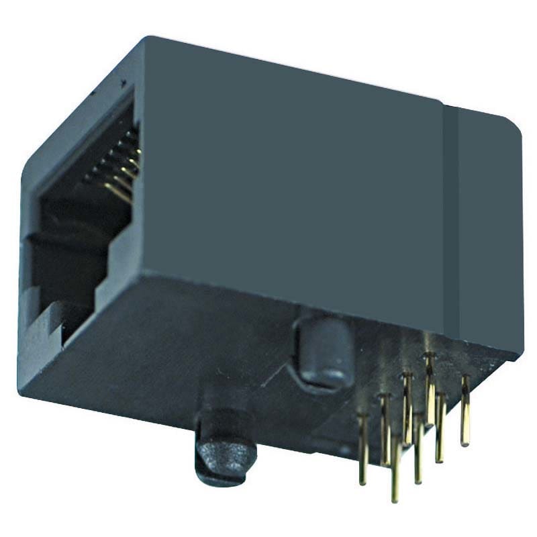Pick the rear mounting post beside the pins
pos(325,352)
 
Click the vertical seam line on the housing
pos(448,222)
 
